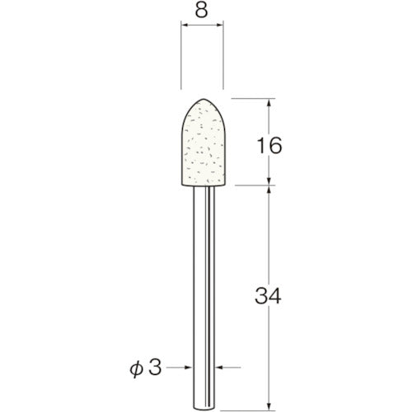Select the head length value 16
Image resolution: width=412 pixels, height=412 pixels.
pyautogui.click(x=270, y=146)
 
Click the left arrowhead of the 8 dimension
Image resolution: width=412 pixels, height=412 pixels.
pyautogui.click(x=184, y=26)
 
